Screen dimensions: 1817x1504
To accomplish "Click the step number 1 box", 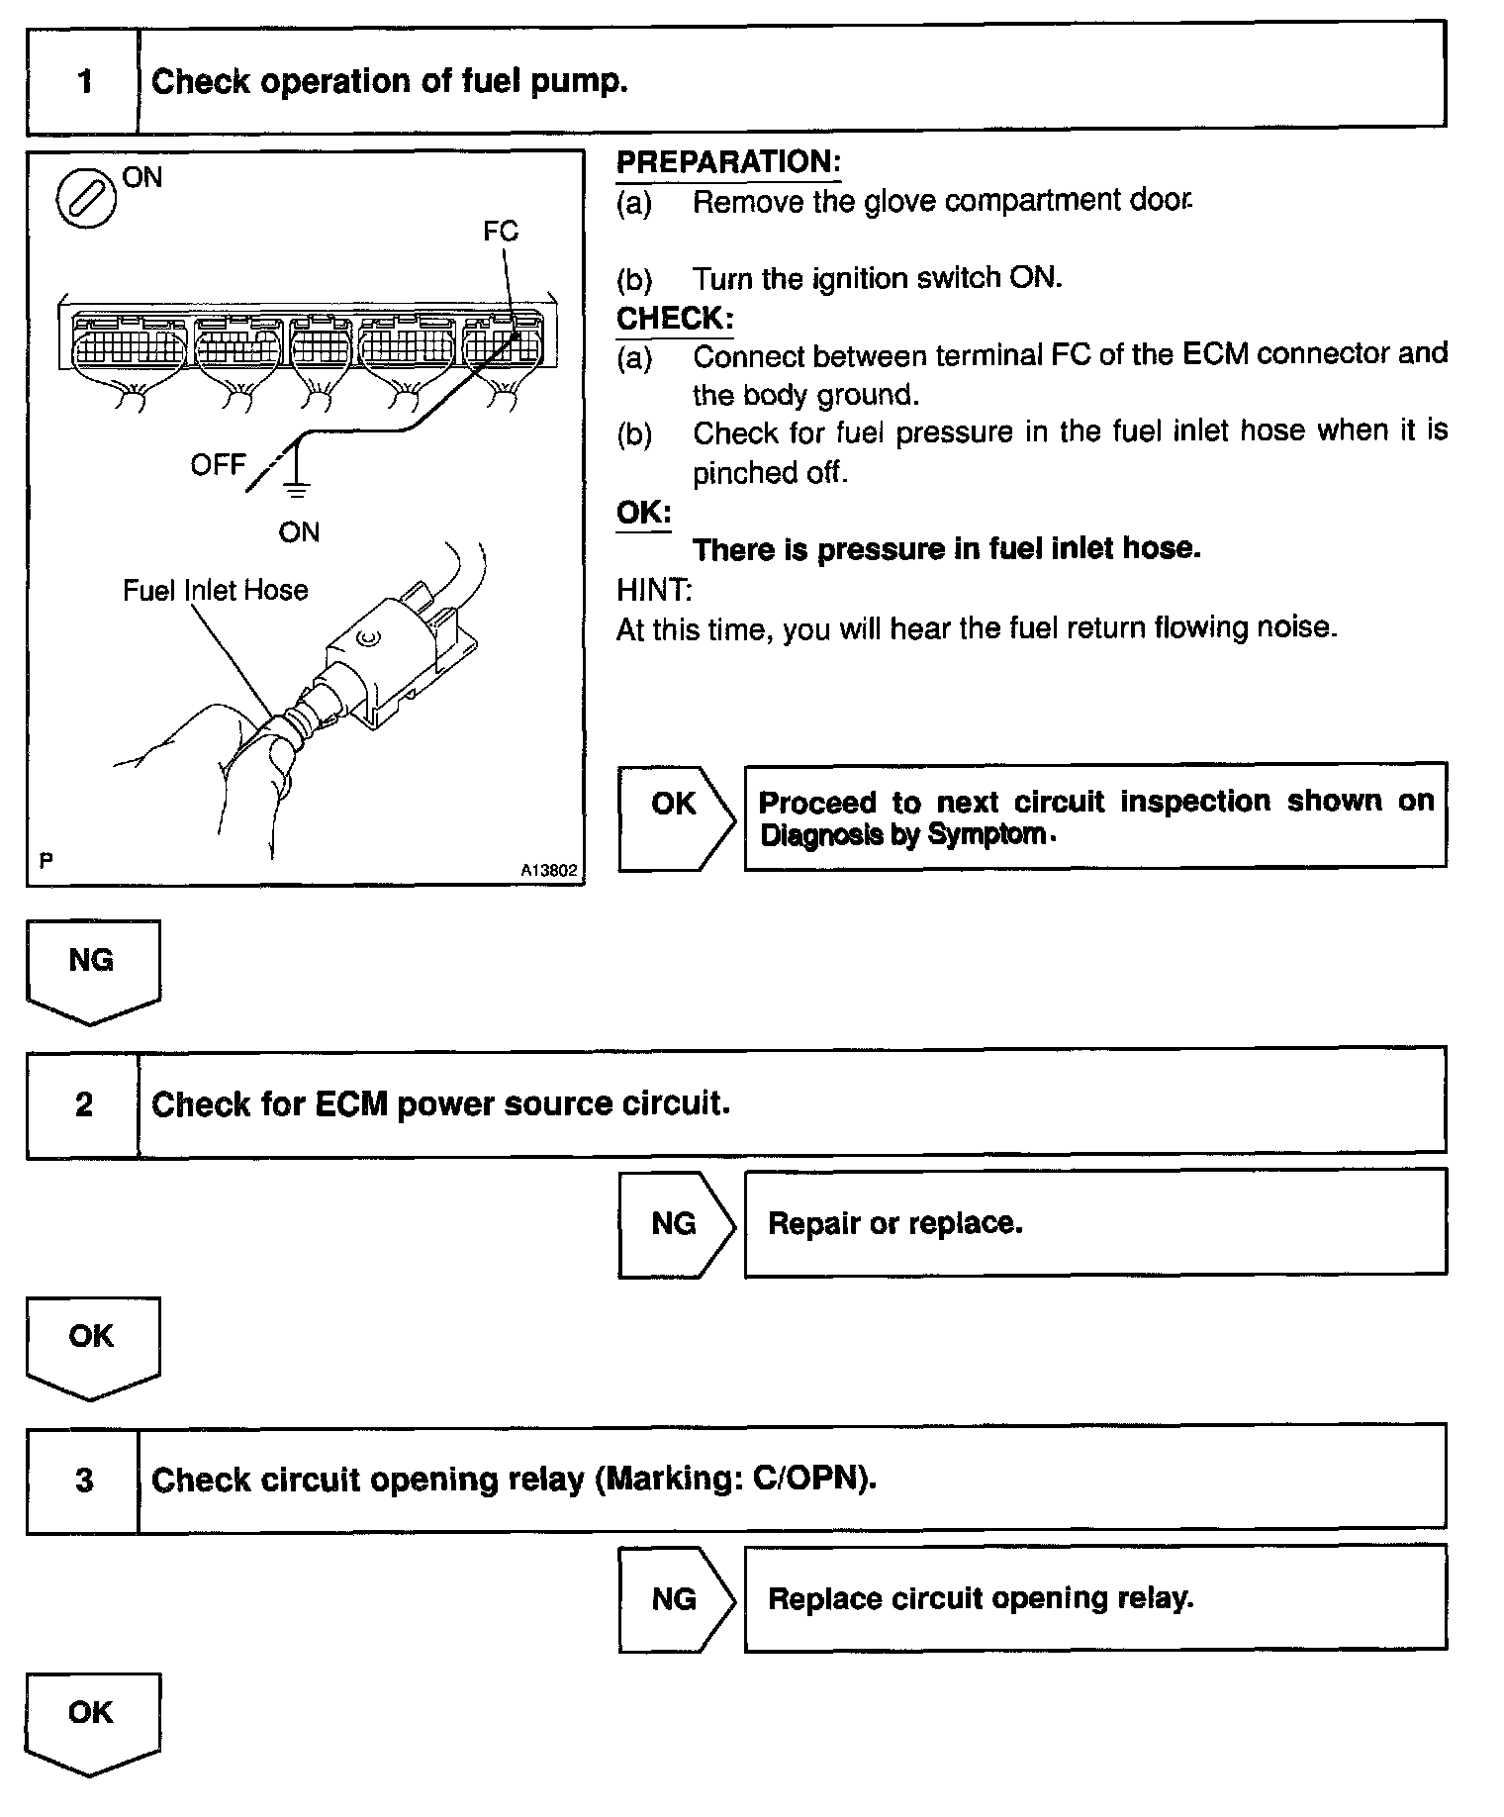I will click(x=83, y=81).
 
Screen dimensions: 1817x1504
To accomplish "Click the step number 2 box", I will click(x=83, y=1103).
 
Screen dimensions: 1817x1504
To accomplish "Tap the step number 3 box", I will click(x=83, y=1480).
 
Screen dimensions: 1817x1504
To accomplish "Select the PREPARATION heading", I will click(x=727, y=162).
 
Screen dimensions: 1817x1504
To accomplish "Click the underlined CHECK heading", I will click(x=675, y=319).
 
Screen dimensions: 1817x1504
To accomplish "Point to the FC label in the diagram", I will click(x=501, y=232).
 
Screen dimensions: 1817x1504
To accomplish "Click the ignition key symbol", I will click(x=86, y=198).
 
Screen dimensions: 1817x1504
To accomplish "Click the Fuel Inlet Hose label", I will click(x=215, y=591).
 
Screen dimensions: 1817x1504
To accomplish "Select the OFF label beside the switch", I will click(x=218, y=464).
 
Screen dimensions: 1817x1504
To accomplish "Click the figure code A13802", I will click(x=549, y=871).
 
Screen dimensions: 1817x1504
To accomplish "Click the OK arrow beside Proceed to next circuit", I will click(x=676, y=817).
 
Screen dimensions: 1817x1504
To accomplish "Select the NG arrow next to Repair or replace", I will click(x=676, y=1224).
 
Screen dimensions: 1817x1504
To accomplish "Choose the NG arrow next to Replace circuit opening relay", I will click(x=676, y=1599).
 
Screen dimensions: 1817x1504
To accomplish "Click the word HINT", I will click(x=654, y=591).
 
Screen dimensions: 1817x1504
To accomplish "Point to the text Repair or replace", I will click(x=894, y=1224).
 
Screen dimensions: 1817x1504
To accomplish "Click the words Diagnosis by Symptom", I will click(x=902, y=835).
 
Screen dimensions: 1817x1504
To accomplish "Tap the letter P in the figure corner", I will click(x=46, y=861).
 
